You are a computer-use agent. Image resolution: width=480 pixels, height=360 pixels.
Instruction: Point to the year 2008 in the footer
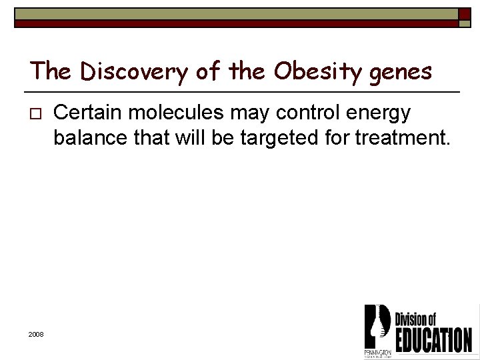[36, 333]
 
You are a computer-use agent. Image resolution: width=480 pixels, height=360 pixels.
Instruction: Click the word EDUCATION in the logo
[433, 338]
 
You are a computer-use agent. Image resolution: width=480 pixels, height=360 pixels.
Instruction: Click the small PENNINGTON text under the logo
[378, 351]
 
